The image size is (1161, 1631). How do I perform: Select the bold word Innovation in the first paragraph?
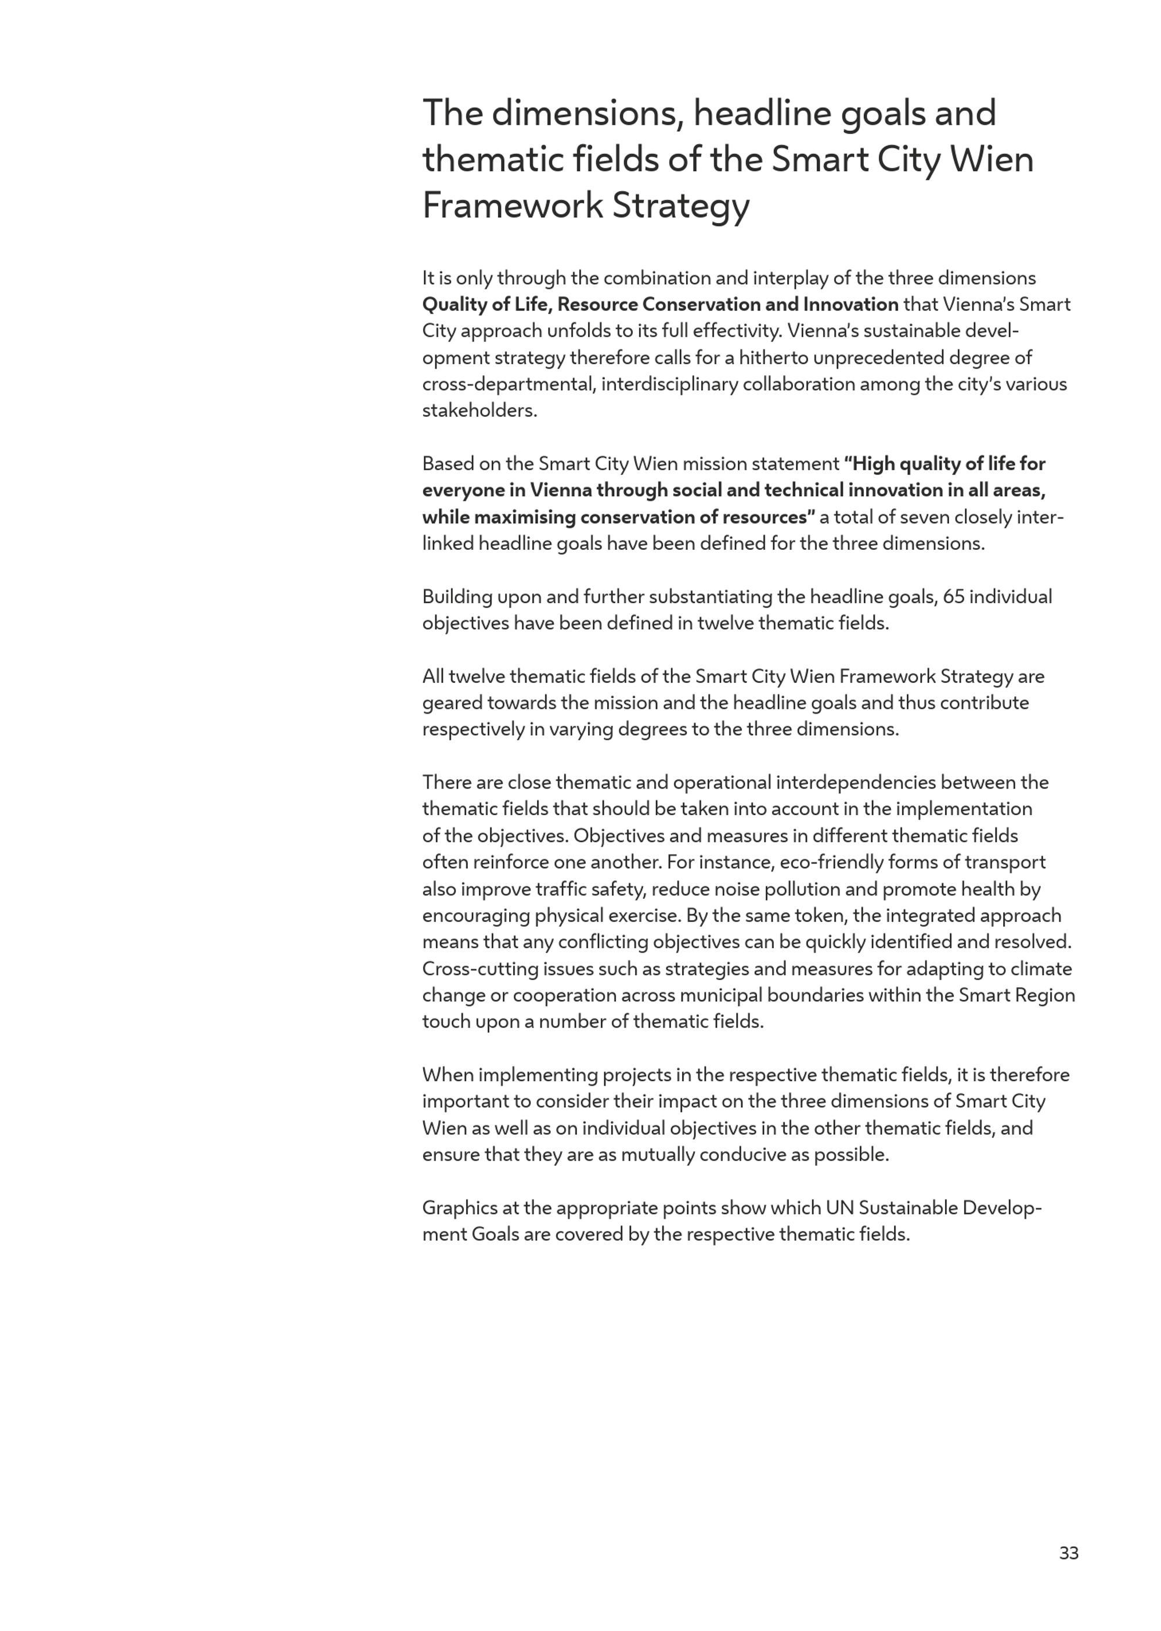(851, 305)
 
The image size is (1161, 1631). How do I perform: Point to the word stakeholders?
(479, 411)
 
